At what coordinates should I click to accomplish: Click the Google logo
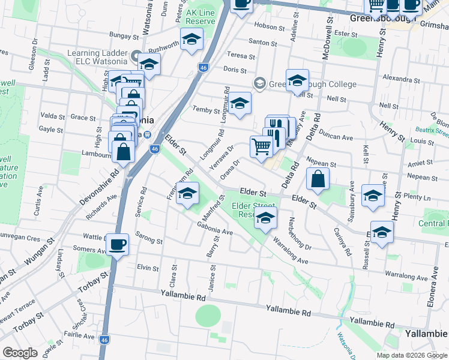click(x=20, y=353)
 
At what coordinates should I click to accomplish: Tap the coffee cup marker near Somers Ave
click(x=118, y=244)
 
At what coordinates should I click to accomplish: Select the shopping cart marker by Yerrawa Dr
click(x=261, y=146)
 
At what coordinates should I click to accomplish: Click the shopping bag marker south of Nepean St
click(x=318, y=178)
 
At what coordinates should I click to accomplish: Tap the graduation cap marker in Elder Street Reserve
click(x=265, y=219)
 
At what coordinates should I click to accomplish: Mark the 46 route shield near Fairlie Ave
click(x=105, y=338)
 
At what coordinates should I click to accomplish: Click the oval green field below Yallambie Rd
click(x=208, y=315)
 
